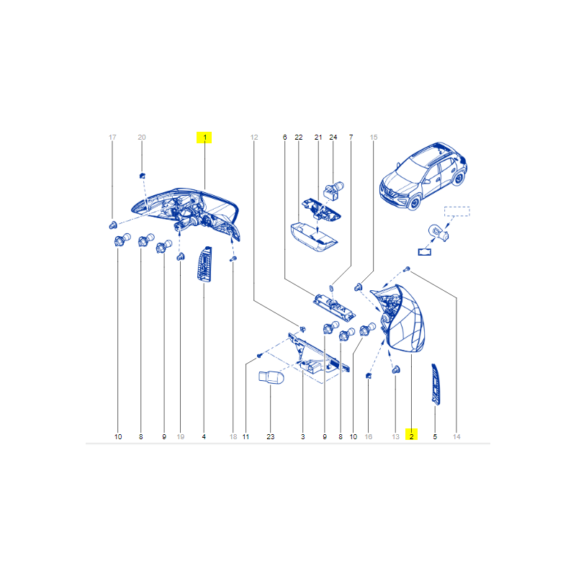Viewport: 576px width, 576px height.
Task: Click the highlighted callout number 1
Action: pos(204,138)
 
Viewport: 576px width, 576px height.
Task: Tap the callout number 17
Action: pos(112,138)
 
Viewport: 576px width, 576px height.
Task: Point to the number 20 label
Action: pos(142,138)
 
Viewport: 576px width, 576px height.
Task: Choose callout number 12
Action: pos(254,138)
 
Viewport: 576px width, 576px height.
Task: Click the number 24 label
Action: pos(333,138)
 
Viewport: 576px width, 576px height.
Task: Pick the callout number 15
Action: pos(374,138)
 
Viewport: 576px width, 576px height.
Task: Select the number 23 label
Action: pos(271,437)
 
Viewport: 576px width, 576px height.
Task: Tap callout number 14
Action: pos(456,437)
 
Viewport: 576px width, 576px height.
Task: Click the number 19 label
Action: pos(181,437)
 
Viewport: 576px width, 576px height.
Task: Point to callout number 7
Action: pos(351,138)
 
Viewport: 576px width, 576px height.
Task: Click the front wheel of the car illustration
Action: pos(414,202)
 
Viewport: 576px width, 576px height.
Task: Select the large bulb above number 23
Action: pos(271,377)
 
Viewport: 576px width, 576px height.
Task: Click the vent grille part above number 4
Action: pos(204,264)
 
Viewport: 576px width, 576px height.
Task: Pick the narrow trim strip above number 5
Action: pos(436,384)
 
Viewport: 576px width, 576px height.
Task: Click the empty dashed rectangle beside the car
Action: pos(457,212)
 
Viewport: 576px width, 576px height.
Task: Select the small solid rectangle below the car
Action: pos(425,252)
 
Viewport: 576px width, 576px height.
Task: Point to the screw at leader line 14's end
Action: pos(407,269)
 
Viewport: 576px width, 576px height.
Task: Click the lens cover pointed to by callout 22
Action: pos(314,237)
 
